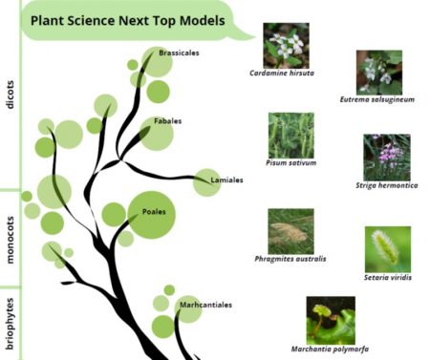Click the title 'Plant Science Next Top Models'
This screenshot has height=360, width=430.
coord(127,19)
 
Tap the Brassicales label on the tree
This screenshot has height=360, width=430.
coord(179,53)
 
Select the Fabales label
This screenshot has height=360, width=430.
coord(167,121)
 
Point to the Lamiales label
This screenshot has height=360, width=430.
coord(216,179)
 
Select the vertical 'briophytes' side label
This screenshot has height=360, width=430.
coord(11,323)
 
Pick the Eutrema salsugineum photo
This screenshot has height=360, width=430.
coord(378,72)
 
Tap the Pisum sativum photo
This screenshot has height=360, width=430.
coord(290,135)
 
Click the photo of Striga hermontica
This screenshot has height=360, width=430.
coord(386,157)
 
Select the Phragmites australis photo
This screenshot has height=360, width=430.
coord(290,230)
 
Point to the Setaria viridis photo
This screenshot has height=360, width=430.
coord(387,248)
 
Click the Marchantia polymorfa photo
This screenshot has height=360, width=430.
coord(331,319)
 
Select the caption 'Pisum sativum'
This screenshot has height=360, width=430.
coord(291,163)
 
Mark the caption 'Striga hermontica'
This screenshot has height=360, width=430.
coord(387,185)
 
